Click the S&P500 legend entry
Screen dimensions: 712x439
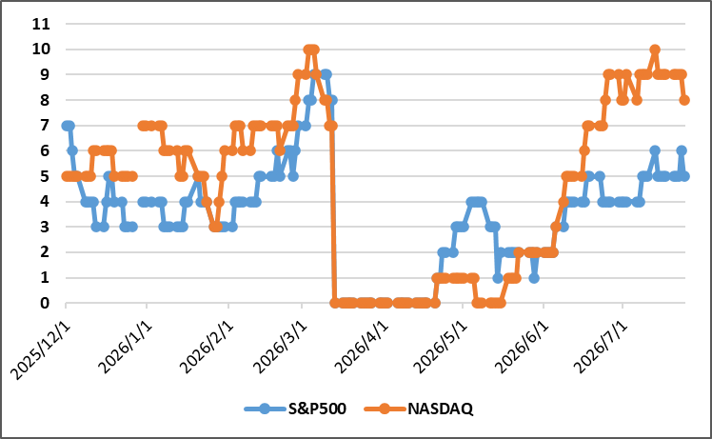(295, 409)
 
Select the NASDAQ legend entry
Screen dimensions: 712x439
(419, 409)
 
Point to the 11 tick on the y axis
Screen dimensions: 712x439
(41, 24)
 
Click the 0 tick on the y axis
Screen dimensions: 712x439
(45, 303)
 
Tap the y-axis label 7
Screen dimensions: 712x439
(45, 125)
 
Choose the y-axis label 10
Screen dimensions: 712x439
(41, 50)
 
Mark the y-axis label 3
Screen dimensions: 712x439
(45, 227)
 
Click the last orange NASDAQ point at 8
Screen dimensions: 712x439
(684, 100)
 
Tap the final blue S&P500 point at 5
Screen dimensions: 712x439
(684, 176)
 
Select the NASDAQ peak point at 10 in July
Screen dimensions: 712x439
(655, 50)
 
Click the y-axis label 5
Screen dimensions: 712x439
(45, 176)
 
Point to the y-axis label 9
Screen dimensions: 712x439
(45, 74)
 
